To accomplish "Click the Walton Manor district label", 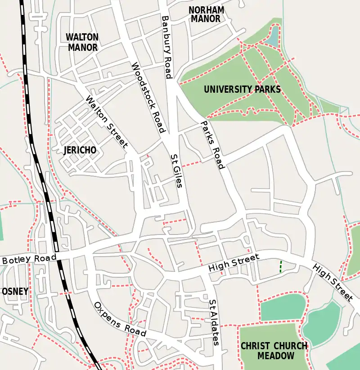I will [82, 42].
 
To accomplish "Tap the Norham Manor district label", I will [206, 14].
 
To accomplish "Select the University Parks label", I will [242, 89].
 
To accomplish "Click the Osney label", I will [15, 291].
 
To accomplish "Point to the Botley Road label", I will [29, 259].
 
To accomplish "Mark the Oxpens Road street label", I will [120, 319].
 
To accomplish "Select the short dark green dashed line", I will [281, 266].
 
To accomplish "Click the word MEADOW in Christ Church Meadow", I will [276, 356].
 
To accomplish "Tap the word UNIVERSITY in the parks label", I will [226, 89].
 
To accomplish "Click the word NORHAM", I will [206, 10].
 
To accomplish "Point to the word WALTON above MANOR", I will [82, 37].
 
